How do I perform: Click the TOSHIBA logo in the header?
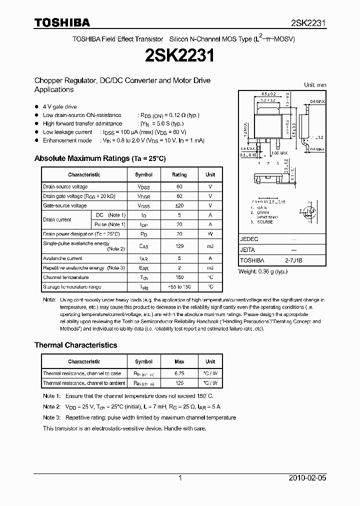click(x=62, y=22)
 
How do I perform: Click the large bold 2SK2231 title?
click(x=180, y=55)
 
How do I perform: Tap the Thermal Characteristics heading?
click(x=75, y=345)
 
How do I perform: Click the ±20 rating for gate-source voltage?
click(x=179, y=205)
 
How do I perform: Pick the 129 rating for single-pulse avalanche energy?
click(x=179, y=246)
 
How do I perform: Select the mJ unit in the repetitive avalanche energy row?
click(x=210, y=268)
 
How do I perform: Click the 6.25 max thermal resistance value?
click(x=179, y=373)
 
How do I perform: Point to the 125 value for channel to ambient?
click(x=179, y=383)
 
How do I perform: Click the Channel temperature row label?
click(x=65, y=277)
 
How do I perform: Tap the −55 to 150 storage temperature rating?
click(x=179, y=287)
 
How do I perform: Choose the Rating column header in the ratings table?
click(x=179, y=175)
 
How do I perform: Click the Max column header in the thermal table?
click(x=179, y=361)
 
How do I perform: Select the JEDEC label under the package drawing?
click(x=249, y=239)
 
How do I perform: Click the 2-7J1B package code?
click(x=293, y=260)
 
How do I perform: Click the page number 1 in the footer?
click(x=180, y=478)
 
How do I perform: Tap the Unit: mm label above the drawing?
click(x=315, y=85)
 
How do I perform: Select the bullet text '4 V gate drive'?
click(x=59, y=106)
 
